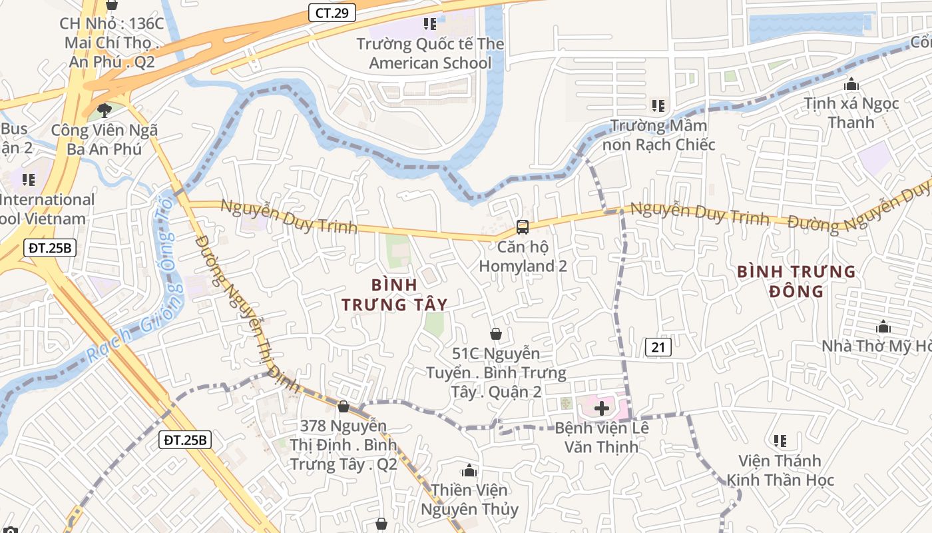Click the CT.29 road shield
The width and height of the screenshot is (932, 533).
tap(332, 13)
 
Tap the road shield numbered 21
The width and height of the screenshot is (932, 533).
tap(658, 346)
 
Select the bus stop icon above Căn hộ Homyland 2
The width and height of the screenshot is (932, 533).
tap(523, 227)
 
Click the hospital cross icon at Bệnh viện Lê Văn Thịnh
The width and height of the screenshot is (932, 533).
tap(602, 408)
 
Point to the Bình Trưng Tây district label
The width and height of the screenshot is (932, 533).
tap(394, 294)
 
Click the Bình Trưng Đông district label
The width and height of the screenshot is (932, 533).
tap(796, 281)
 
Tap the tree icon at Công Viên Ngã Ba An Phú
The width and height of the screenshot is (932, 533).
tap(104, 110)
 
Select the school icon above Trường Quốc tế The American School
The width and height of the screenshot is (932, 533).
tap(430, 24)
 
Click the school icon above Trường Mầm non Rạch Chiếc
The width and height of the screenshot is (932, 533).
tap(658, 105)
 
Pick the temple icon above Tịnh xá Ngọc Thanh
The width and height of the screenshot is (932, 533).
tap(851, 85)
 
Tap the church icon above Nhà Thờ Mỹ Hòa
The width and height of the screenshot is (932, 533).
tap(883, 327)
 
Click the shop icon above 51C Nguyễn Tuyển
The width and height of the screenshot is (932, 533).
tap(496, 334)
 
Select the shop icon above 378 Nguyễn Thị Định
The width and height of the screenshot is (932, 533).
tap(344, 406)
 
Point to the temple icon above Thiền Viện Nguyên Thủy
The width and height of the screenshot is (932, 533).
tap(469, 471)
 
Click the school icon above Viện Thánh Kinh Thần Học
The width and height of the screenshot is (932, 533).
tap(780, 441)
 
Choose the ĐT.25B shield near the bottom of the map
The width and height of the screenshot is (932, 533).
tap(186, 440)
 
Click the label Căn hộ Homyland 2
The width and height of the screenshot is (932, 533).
tap(523, 257)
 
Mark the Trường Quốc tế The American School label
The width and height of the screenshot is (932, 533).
tap(430, 53)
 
